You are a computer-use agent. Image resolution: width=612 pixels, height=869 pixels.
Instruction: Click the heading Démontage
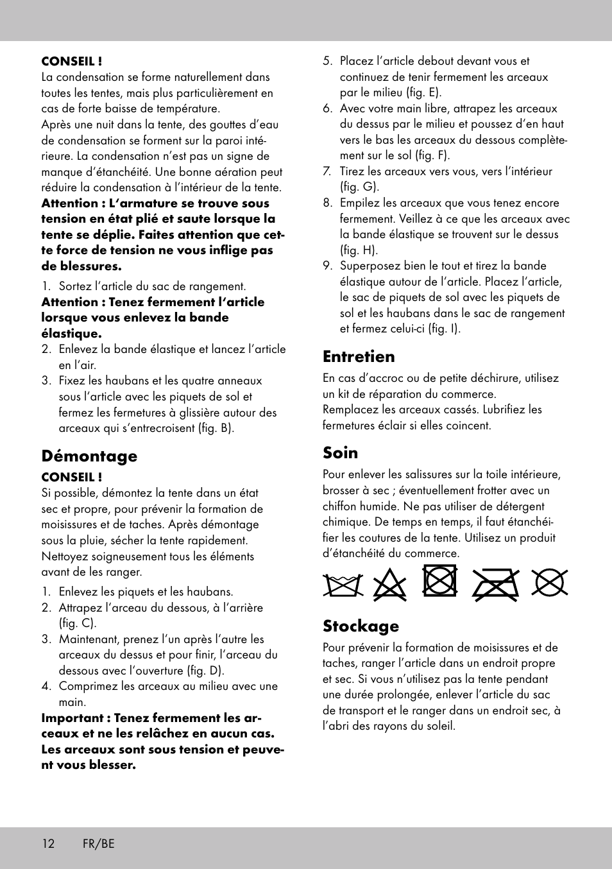tap(89, 456)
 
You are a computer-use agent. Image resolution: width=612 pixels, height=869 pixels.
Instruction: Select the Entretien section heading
tap(359, 357)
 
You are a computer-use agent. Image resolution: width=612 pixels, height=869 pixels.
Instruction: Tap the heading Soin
tap(340, 453)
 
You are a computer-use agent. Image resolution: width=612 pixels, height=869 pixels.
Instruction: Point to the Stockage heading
tap(361, 626)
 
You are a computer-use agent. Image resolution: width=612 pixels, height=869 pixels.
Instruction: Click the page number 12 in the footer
tap(48, 843)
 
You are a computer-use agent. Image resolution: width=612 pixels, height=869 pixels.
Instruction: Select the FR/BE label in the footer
tap(98, 843)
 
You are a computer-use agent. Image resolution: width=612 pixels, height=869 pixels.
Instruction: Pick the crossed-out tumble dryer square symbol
tap(439, 581)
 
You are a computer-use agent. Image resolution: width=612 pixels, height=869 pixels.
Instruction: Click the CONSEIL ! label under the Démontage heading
tap(72, 478)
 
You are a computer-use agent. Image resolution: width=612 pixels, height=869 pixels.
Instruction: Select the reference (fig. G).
tap(359, 187)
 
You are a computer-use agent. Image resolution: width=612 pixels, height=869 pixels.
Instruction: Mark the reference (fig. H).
tap(359, 250)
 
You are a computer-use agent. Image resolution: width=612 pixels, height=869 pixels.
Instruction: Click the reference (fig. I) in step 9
tap(445, 329)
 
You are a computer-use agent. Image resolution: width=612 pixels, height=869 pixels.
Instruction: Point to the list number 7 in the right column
tap(327, 171)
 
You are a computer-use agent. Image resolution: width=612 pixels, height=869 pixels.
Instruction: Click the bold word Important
tap(72, 718)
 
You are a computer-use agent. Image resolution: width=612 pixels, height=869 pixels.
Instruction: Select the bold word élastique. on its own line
tap(71, 334)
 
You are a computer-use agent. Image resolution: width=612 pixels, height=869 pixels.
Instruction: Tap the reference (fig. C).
tap(78, 623)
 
